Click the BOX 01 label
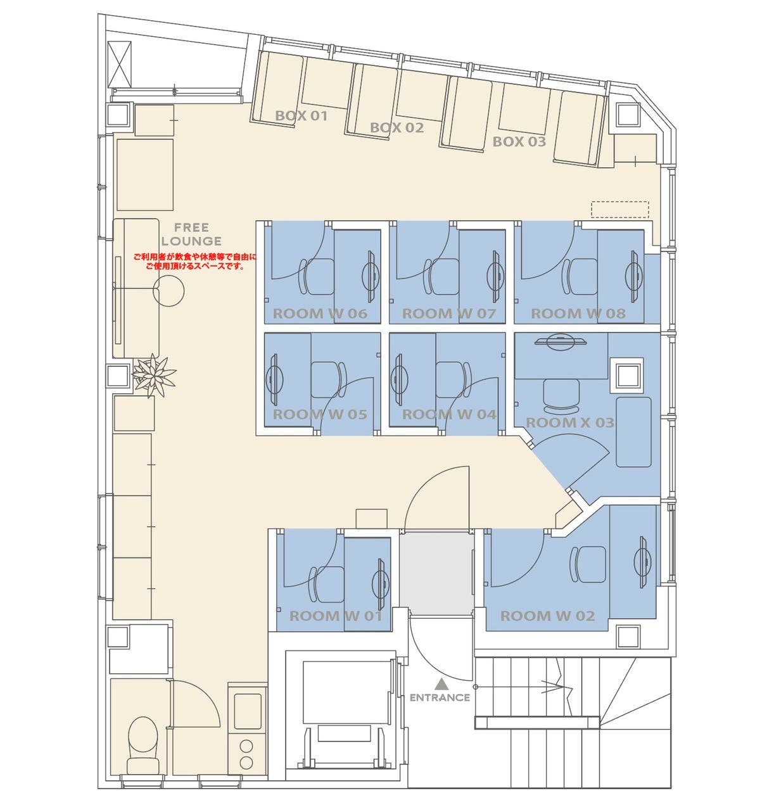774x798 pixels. click(301, 116)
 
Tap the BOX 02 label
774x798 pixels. click(397, 128)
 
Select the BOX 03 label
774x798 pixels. click(519, 142)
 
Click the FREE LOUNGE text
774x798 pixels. click(192, 234)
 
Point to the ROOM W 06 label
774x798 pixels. click(320, 314)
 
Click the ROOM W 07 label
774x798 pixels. click(449, 314)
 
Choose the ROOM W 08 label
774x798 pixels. click(578, 314)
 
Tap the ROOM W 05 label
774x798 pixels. click(320, 415)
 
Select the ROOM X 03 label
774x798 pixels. click(570, 423)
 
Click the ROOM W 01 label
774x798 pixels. click(336, 616)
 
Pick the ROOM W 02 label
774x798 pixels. click(548, 616)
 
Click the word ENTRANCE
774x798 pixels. click(440, 697)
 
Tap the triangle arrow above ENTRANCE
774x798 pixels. click(441, 683)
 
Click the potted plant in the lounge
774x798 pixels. click(154, 376)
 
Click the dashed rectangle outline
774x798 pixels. click(620, 209)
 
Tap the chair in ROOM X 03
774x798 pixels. click(561, 397)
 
